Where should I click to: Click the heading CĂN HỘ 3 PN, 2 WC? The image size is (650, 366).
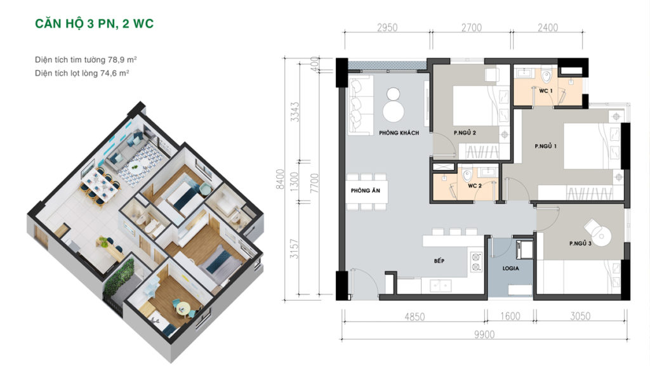tap(95, 23)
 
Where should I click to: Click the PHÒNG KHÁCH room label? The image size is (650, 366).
tap(399, 133)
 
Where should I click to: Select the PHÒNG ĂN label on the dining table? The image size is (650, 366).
tap(365, 190)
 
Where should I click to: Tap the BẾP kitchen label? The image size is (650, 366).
tap(439, 261)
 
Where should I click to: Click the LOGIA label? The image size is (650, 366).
tap(511, 268)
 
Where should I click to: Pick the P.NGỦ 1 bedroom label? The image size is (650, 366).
tap(545, 146)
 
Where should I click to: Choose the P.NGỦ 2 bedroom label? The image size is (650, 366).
tap(465, 133)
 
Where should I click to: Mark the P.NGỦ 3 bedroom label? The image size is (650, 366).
tap(580, 244)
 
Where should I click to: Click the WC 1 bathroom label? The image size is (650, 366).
tap(545, 91)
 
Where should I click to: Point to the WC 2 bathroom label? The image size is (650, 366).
tap(475, 186)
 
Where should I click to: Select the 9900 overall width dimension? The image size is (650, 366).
tap(484, 334)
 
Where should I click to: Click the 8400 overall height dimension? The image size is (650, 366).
tap(281, 180)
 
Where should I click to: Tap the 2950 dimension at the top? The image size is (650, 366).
tap(387, 28)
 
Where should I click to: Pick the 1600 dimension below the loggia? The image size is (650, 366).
tap(510, 317)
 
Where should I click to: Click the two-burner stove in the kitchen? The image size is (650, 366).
tap(476, 262)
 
